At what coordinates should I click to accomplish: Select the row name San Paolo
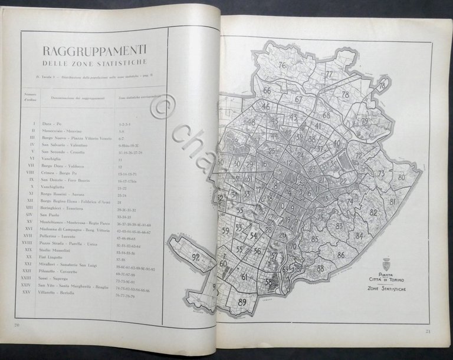52,216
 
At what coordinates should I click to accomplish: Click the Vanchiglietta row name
56,186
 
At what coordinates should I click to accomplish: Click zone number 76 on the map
283,65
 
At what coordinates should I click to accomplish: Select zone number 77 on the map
329,75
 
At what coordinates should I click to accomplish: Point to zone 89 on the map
242,302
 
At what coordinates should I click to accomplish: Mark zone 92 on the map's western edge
195,257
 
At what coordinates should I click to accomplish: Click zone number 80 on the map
401,177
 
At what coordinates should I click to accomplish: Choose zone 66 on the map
267,91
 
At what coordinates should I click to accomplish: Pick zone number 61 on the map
244,276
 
